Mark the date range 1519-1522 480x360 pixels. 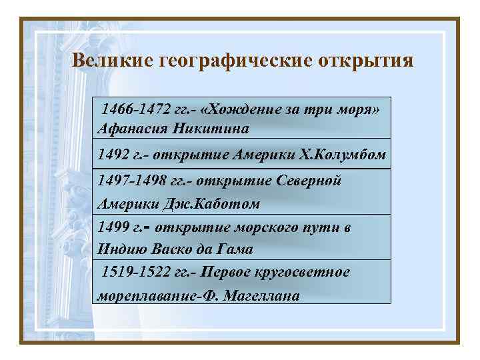[131, 273]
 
